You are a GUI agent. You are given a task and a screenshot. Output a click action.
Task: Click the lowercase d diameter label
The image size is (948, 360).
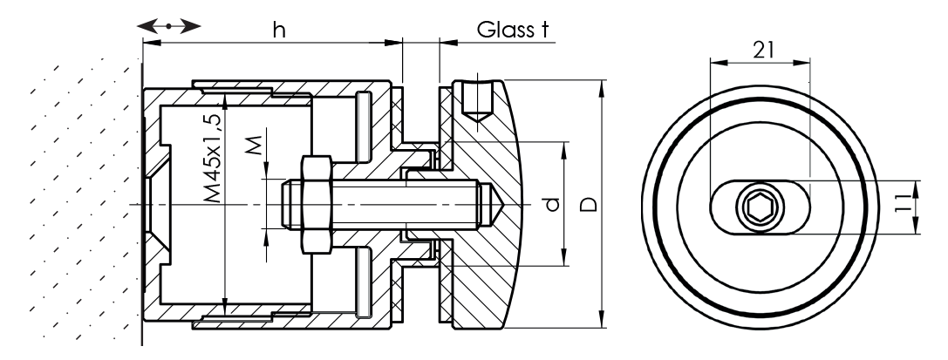tap(548, 206)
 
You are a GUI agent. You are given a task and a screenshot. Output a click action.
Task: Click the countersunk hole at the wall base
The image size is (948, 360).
tap(158, 205)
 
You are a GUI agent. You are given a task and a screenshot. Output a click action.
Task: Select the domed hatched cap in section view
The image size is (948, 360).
tap(488, 262)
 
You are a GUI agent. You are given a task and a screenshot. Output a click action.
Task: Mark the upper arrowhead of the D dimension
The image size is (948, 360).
tap(602, 86)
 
